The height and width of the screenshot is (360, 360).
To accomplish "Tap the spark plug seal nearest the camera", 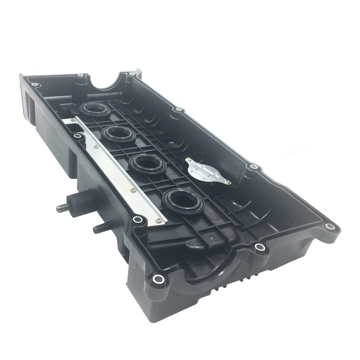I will pyautogui.click(x=184, y=199).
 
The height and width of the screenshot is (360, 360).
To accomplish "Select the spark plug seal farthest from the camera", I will pyautogui.click(x=94, y=109).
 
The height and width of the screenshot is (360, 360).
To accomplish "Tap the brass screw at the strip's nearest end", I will pyautogui.click(x=159, y=221).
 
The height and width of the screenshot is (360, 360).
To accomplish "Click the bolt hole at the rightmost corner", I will pyautogui.click(x=330, y=226).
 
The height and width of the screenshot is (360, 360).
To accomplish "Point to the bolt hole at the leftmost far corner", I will pyautogui.click(x=34, y=85).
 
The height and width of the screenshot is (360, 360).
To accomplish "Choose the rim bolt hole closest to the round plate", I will pyautogui.click(x=254, y=166).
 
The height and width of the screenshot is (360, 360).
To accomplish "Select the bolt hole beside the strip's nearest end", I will pyautogui.click(x=137, y=219).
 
